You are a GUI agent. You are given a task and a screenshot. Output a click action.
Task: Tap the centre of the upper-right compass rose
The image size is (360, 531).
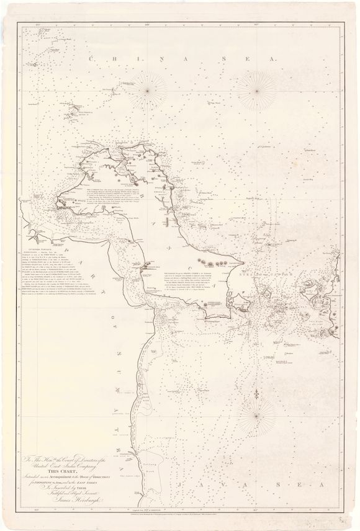click(x=257, y=91)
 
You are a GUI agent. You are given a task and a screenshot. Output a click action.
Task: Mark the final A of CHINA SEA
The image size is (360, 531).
click(x=272, y=58)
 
